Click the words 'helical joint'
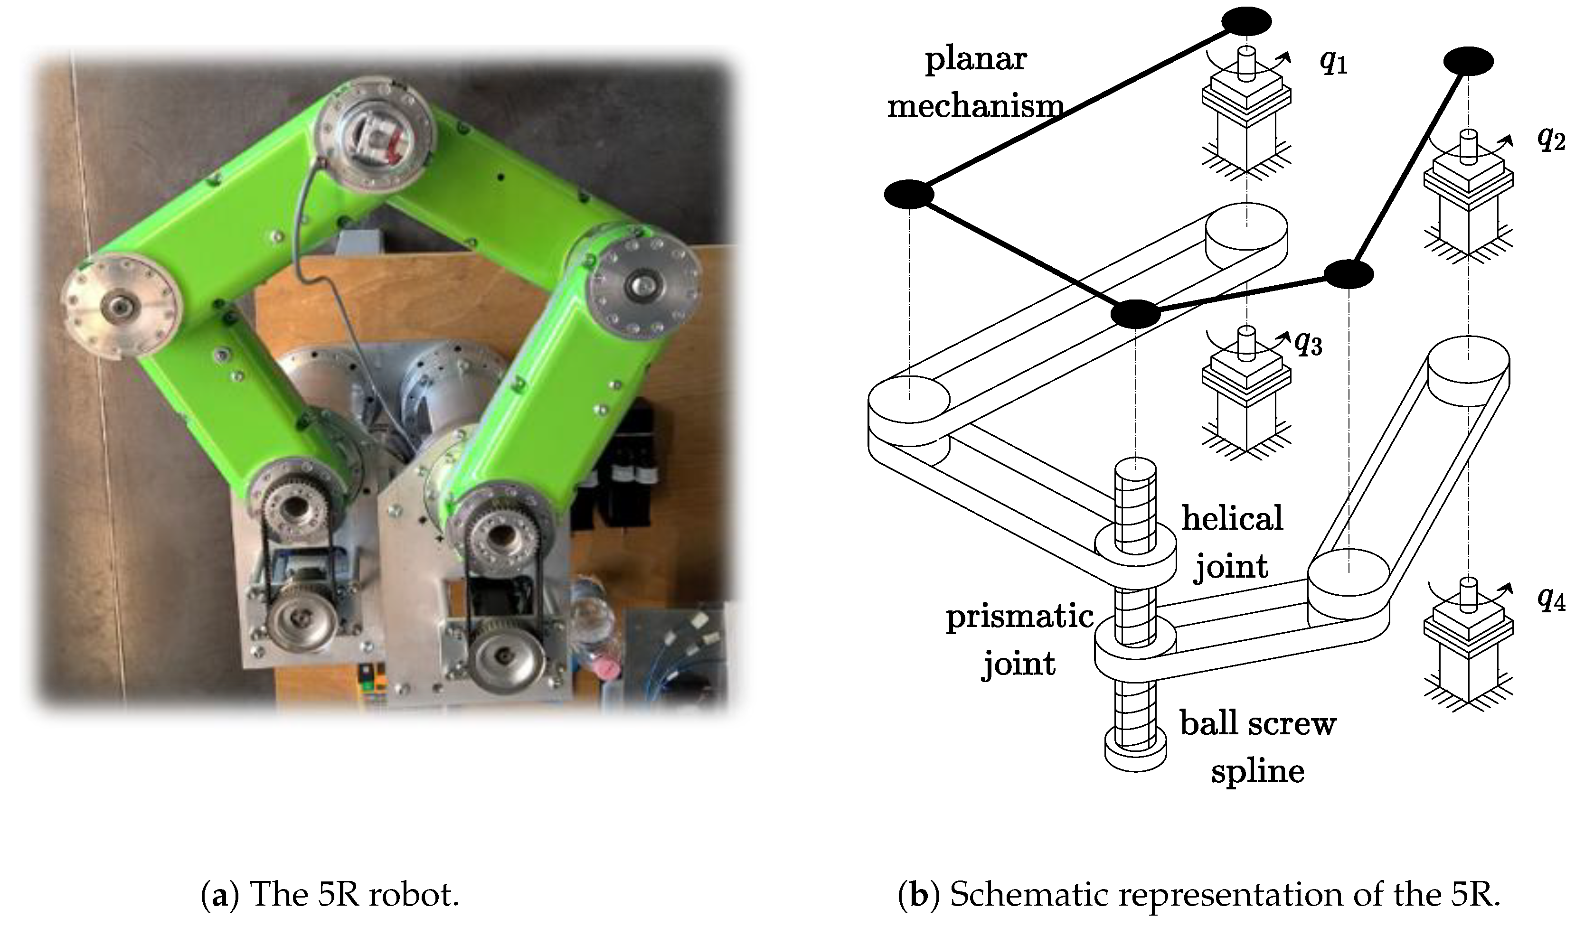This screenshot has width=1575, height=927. point(1231,542)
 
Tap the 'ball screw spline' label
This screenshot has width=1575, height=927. point(1257,747)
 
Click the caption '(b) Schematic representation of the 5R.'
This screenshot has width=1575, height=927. point(1199,895)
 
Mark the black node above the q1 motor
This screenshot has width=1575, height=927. point(1246,22)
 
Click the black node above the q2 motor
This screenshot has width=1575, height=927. point(1468,61)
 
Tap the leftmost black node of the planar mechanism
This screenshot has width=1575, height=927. point(909,194)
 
